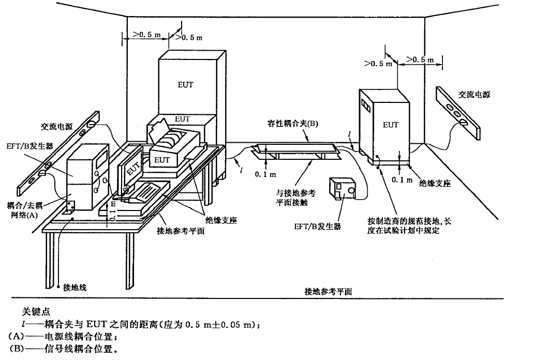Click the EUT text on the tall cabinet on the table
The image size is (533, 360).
(185, 84)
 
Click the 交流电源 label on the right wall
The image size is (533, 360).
(473, 95)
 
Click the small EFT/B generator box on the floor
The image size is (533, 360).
(343, 189)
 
